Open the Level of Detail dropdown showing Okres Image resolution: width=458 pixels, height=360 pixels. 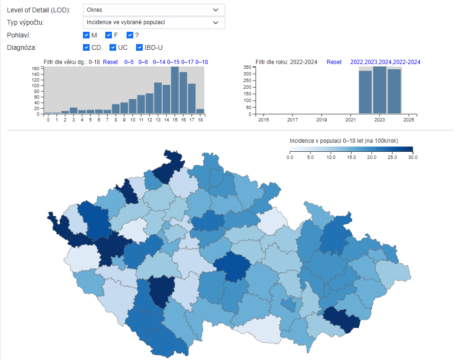coord(154,10)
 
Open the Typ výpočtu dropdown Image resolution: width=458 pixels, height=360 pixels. coord(154,22)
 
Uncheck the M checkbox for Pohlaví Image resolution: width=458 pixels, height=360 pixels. coord(86,35)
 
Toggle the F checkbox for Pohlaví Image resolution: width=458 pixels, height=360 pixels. coord(109,35)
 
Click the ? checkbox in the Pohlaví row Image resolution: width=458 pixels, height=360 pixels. coord(130,35)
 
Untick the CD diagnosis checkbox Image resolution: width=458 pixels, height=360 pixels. coord(86,47)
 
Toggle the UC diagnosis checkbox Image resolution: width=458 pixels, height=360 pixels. coord(113,47)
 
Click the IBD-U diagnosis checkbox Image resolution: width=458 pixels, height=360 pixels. coord(139,47)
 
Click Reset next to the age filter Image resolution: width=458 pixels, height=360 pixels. coord(110,62)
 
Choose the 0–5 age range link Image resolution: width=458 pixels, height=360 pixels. coord(129,62)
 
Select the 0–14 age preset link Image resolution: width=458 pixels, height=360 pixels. coord(159,62)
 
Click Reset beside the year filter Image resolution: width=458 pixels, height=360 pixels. coord(334,62)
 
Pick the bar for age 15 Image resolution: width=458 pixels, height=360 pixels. coord(175,90)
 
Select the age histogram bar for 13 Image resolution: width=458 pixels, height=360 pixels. coord(158,98)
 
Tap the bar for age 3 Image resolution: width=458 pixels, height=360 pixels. coord(73,111)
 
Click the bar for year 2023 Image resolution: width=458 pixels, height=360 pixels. coord(380,90)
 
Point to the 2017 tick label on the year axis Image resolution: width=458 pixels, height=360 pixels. coord(293,120)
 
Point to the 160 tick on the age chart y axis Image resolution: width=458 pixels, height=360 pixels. coord(36,69)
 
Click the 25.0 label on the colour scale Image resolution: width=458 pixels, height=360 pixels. coord(392,157)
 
